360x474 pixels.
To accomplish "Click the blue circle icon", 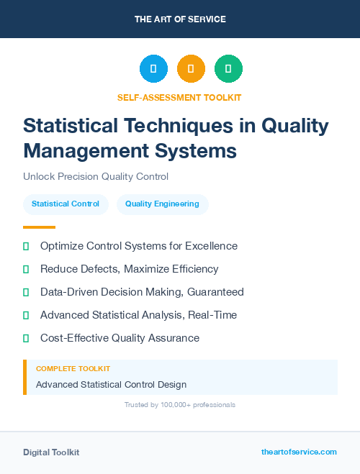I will (153, 68).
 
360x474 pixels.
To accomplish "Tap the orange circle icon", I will (191, 68).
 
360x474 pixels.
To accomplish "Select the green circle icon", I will (228, 68).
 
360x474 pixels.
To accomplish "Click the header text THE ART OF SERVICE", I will (180, 19).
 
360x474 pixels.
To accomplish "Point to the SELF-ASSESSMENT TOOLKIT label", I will (180, 97).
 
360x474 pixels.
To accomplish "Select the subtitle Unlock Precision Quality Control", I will (96, 176).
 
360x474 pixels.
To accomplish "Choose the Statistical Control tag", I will (66, 204).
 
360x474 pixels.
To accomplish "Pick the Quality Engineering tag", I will (162, 204).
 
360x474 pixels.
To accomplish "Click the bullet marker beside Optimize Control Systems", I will (26, 246).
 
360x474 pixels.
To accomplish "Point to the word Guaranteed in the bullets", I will (214, 292).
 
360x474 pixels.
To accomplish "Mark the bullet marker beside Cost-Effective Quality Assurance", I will (26, 338).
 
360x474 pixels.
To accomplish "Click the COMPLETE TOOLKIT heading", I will (73, 369).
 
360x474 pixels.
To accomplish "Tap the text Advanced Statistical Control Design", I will (111, 385).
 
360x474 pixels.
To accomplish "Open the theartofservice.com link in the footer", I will (299, 452).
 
